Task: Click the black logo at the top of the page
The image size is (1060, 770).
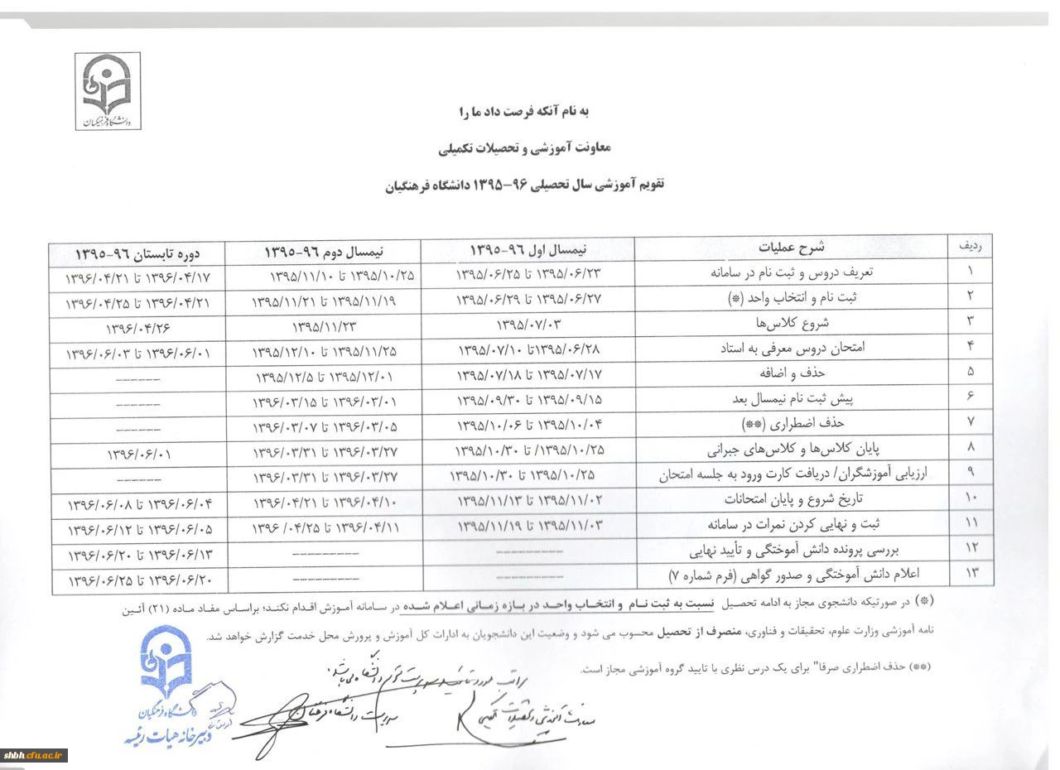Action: click(108, 91)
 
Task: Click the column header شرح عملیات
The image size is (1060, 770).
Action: click(793, 247)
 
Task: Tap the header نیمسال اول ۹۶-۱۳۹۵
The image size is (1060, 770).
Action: click(528, 248)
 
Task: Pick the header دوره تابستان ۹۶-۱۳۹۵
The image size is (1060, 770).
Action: click(138, 252)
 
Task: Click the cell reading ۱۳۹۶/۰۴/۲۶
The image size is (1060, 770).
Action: click(138, 328)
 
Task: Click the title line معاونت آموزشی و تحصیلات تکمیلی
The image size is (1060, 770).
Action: click(524, 147)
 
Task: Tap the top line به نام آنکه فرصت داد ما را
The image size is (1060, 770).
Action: click(523, 110)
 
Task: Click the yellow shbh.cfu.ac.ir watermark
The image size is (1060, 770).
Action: click(35, 754)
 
